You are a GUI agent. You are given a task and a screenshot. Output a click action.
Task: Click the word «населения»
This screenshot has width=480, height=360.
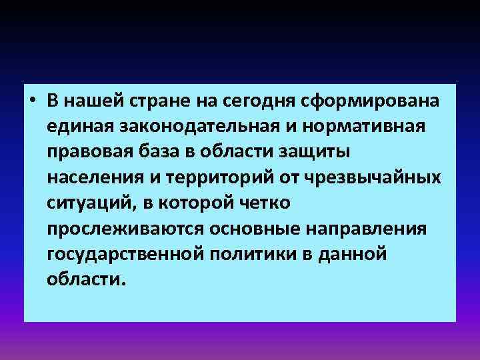pyautogui.click(x=88, y=178)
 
